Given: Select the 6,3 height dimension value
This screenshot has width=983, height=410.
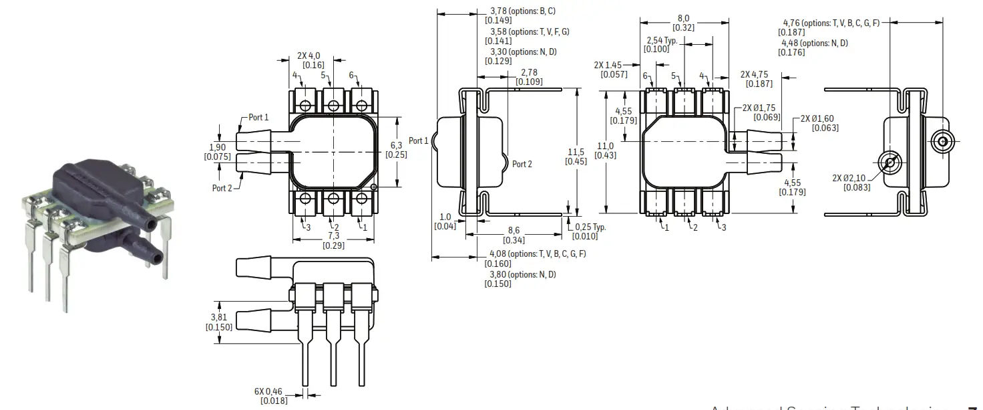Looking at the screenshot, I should (x=396, y=145).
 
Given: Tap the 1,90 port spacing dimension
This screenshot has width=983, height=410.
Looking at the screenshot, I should (x=217, y=147).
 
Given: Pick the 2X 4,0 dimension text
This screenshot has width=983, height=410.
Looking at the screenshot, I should (x=309, y=56).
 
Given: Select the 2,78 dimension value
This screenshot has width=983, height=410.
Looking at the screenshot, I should (x=529, y=72).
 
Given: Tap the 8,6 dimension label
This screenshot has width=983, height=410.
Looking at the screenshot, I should (x=514, y=231).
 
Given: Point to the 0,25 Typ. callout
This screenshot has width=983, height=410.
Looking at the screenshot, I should (x=590, y=227).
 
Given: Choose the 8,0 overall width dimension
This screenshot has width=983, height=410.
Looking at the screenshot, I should (x=683, y=19).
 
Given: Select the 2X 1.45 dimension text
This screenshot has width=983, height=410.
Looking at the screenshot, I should (x=608, y=66).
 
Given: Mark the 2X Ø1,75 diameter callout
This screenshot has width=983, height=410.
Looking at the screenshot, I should (x=761, y=108).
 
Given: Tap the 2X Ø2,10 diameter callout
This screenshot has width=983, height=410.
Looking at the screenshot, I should (x=850, y=178).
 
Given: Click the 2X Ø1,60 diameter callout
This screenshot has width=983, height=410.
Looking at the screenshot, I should (x=817, y=118).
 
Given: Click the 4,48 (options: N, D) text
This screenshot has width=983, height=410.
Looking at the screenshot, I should (x=814, y=43).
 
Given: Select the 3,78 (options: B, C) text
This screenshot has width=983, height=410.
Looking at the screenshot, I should (x=523, y=11).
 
